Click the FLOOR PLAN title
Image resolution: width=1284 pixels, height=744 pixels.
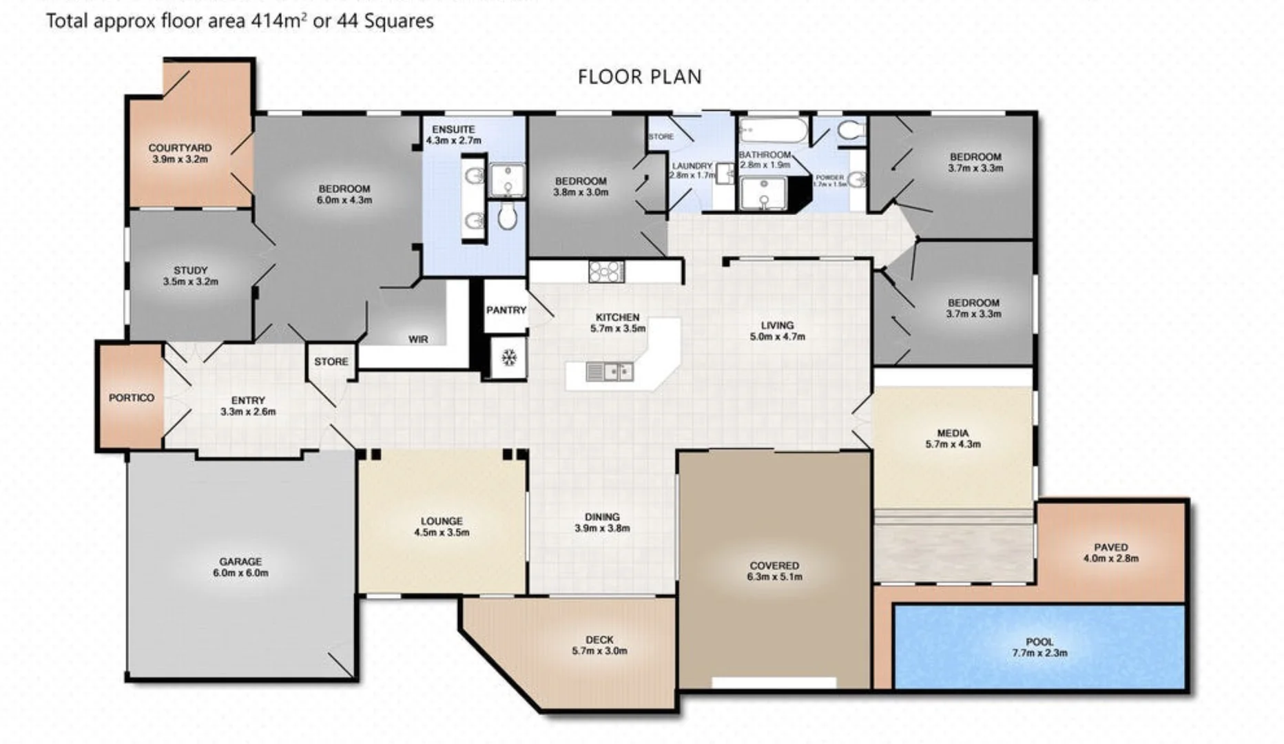tap(639, 76)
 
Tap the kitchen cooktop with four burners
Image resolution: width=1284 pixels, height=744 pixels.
tap(606, 271)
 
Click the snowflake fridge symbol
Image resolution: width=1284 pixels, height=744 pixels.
tap(508, 358)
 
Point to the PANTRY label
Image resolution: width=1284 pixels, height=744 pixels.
tap(506, 310)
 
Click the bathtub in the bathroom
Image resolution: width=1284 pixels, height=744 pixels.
tap(772, 130)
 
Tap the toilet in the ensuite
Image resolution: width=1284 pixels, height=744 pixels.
tap(507, 216)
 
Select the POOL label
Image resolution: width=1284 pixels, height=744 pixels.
tap(1039, 641)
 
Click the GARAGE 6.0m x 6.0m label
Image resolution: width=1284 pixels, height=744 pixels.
tap(240, 567)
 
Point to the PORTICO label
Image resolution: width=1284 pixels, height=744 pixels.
tap(132, 397)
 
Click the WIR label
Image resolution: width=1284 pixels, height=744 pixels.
tap(418, 339)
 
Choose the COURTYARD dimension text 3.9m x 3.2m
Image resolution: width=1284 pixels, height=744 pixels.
tap(180, 159)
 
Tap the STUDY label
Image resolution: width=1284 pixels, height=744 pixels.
tap(191, 270)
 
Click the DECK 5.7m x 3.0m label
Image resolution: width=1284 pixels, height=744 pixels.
tap(599, 645)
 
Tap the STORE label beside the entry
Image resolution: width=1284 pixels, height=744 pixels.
tap(331, 361)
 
